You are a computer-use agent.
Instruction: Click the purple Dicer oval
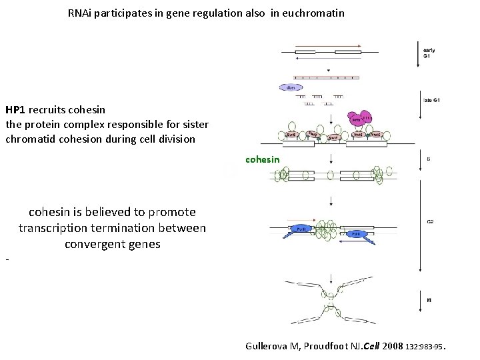click(291, 87)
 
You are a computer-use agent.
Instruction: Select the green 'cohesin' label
click(263, 159)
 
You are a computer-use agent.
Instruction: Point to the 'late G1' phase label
click(431, 100)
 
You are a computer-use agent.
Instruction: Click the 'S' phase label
click(429, 159)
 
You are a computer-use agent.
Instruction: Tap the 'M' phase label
click(429, 300)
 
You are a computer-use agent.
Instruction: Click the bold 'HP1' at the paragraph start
click(16, 109)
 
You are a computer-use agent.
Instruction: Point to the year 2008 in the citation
click(393, 346)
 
